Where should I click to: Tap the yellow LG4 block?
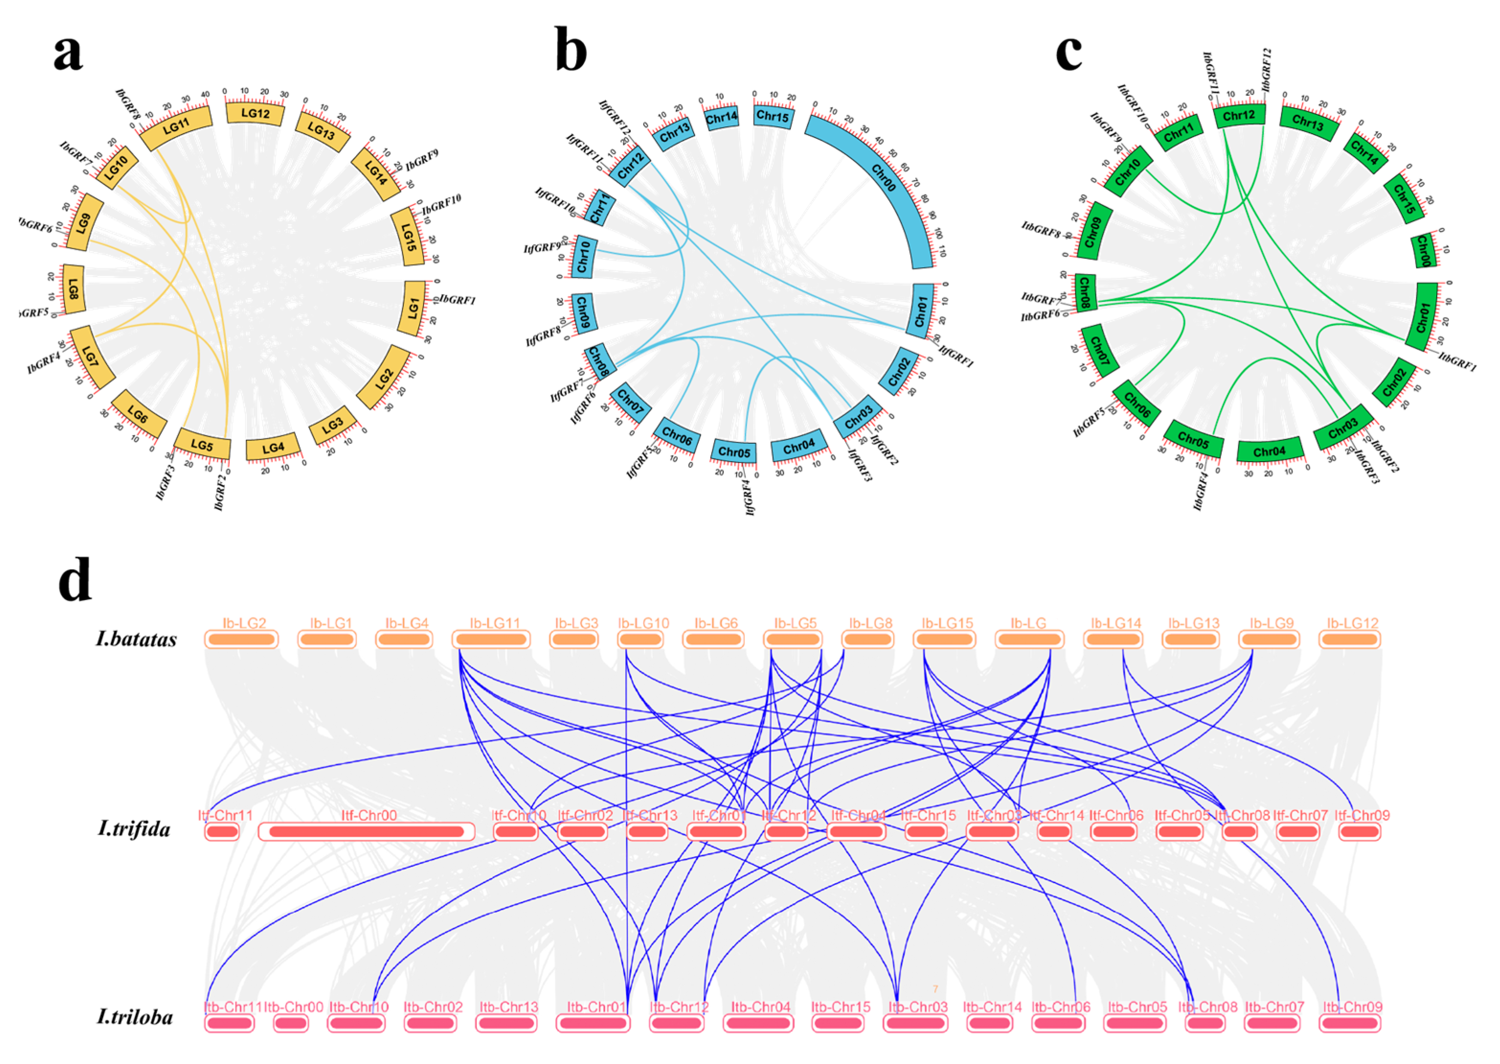[273, 448]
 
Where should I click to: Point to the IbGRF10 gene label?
[441, 204]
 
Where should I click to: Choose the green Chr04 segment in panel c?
[1269, 452]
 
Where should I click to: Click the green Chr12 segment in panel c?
[1239, 116]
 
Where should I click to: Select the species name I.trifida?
[134, 829]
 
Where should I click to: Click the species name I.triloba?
[135, 1017]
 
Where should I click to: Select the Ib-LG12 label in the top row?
[1352, 623]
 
